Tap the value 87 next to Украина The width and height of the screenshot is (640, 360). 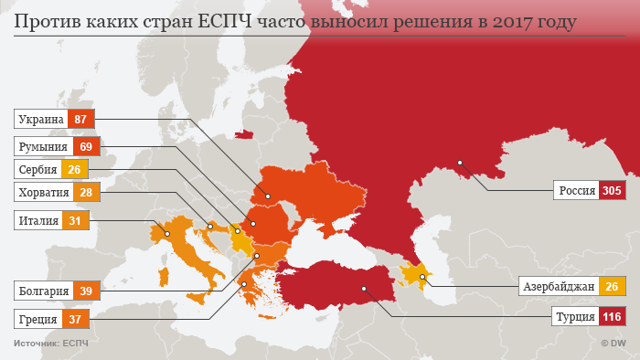(80, 119)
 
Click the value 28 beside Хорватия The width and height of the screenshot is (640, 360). (87, 192)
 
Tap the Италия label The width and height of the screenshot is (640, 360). (39, 220)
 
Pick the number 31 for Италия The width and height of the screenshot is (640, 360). (74, 220)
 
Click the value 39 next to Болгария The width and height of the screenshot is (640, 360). (86, 291)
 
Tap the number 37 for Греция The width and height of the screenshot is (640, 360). (75, 319)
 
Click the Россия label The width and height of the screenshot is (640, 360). (577, 191)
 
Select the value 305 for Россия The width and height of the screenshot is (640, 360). (612, 191)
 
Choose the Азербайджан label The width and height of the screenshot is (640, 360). (559, 287)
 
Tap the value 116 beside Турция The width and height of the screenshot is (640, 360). (612, 318)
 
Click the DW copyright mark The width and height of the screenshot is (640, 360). (613, 344)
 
